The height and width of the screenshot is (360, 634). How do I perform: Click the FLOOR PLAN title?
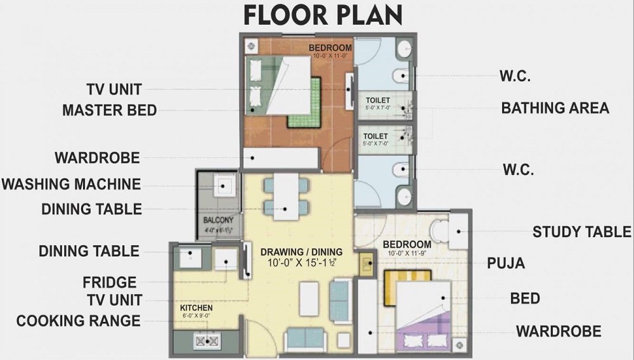(323, 15)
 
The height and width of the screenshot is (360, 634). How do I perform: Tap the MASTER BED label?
(109, 110)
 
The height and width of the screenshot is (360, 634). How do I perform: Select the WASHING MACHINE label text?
(71, 184)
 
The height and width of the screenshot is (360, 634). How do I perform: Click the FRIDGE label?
(110, 282)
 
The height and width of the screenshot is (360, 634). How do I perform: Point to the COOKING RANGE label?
(78, 321)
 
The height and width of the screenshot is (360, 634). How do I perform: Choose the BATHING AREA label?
(555, 108)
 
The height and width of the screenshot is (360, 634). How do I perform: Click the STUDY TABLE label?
(583, 231)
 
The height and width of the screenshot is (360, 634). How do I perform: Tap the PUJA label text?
(505, 263)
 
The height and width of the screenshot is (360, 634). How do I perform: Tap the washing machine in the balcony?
(223, 186)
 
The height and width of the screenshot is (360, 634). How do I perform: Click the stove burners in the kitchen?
(207, 341)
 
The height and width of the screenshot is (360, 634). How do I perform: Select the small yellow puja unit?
(366, 264)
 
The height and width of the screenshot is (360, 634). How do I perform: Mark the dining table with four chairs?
(286, 196)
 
